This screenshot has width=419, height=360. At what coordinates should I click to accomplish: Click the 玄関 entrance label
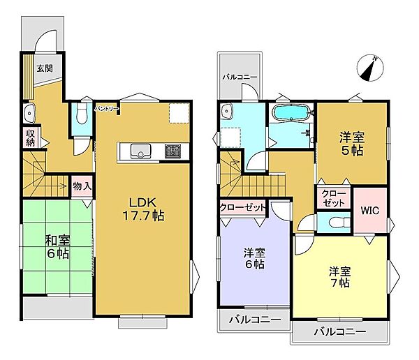click(45, 68)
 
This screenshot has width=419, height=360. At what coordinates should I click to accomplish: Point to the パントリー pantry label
click(107, 110)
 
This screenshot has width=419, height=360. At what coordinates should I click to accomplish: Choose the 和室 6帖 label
click(57, 248)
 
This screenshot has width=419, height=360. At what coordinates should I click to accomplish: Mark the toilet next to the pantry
click(81, 113)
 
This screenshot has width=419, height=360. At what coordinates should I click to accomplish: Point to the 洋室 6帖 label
click(253, 258)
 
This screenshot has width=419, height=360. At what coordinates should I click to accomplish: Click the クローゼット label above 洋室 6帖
click(242, 207)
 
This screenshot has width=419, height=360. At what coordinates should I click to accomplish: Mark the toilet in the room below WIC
click(335, 223)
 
